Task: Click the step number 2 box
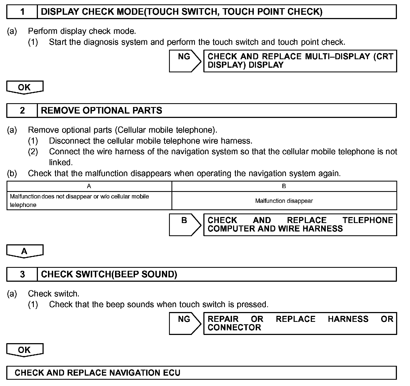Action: click(22, 111)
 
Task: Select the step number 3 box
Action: click(22, 274)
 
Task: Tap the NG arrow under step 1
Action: click(185, 61)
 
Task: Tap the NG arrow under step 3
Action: click(185, 323)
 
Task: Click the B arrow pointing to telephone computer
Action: click(185, 225)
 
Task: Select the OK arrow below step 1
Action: click(25, 87)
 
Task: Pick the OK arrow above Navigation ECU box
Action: click(25, 350)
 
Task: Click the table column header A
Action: click(89, 186)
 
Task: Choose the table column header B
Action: click(284, 186)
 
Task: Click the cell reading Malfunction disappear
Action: click(284, 201)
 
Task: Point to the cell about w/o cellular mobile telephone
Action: click(80, 201)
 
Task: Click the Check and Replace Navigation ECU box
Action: click(201, 373)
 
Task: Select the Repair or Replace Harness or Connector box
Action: click(300, 323)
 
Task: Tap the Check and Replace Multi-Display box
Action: click(300, 61)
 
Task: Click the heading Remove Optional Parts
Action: click(101, 111)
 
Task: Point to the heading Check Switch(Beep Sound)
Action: click(109, 274)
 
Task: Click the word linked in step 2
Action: click(61, 162)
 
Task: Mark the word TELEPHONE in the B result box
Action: click(368, 220)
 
